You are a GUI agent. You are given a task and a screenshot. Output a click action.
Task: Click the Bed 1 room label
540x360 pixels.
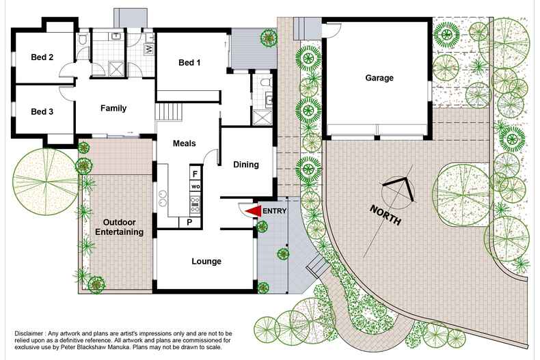(x=189, y=63)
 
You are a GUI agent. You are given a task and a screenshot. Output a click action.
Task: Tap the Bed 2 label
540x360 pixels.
(x=42, y=57)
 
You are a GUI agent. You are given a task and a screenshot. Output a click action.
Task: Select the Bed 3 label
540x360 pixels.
(x=42, y=111)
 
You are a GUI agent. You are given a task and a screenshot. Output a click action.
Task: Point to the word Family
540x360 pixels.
(x=113, y=108)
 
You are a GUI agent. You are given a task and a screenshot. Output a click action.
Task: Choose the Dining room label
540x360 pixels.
(x=246, y=164)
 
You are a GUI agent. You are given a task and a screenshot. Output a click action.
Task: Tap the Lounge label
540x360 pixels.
(x=206, y=261)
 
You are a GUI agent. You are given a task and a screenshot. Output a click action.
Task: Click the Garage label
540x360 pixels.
(x=379, y=78)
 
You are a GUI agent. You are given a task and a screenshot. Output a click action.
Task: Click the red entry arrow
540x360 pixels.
(x=254, y=211)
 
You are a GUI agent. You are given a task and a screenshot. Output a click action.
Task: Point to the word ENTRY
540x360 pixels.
(x=275, y=211)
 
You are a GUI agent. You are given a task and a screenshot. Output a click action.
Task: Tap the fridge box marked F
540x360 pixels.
(x=195, y=174)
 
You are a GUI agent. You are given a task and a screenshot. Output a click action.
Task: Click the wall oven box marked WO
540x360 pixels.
(x=195, y=186)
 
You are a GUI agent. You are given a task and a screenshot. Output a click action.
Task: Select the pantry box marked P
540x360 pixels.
(x=189, y=222)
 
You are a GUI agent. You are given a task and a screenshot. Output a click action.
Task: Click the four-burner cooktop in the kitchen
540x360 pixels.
(x=195, y=203)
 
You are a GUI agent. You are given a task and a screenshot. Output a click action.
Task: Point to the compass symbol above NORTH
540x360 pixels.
(x=399, y=190)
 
